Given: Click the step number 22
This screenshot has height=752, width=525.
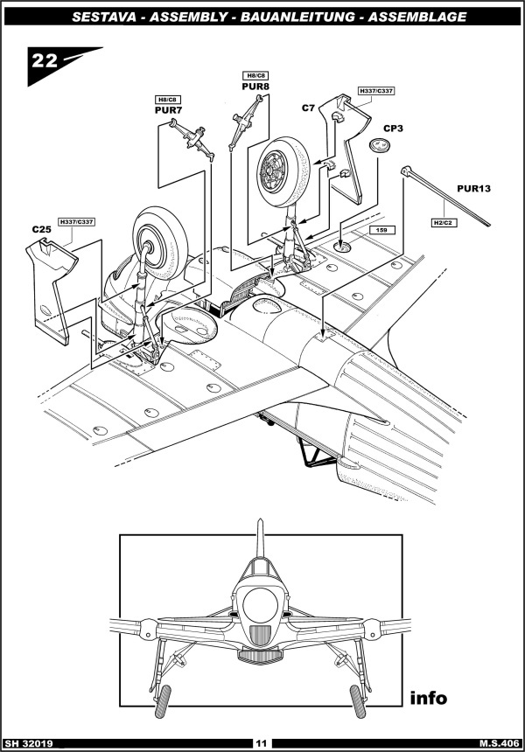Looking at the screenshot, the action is click(x=45, y=61).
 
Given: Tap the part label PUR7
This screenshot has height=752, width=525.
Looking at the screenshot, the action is click(x=169, y=110).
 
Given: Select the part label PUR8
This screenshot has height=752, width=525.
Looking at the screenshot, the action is click(x=255, y=87).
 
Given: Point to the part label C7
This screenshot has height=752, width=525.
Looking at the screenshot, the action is click(x=308, y=108).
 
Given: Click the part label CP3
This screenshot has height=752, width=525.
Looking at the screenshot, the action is click(x=393, y=129).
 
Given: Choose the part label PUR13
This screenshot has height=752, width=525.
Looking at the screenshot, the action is click(x=473, y=189).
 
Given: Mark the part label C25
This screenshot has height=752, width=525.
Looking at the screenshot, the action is click(x=42, y=229).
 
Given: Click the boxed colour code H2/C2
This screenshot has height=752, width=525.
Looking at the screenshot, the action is click(x=444, y=223).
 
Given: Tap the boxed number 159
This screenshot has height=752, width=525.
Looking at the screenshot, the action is click(x=381, y=230).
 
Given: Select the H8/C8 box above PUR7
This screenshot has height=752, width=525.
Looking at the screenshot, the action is click(x=167, y=100).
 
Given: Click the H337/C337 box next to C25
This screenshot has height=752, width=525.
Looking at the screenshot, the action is click(x=76, y=221).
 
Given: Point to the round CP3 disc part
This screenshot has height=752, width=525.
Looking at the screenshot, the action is click(x=380, y=145).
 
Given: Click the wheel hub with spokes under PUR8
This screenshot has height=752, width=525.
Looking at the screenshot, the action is click(x=272, y=171).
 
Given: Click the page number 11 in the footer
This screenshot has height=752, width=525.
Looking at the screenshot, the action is click(x=261, y=743).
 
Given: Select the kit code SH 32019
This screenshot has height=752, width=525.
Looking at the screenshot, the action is click(x=28, y=743).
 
